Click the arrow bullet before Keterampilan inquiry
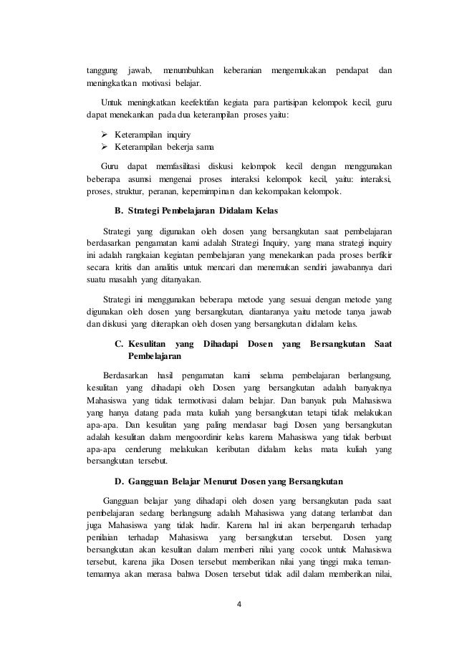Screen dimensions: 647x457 pyautogui.click(x=90, y=133)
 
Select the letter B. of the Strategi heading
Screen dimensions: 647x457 pyautogui.click(x=120, y=211)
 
